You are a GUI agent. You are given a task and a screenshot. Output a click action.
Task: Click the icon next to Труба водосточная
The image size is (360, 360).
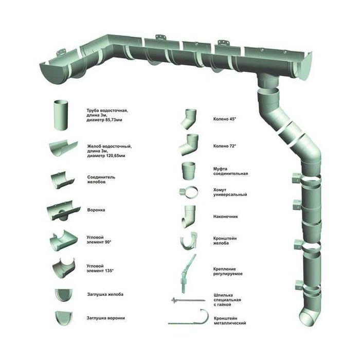61,115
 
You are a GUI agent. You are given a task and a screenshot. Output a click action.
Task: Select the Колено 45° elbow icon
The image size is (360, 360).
189,119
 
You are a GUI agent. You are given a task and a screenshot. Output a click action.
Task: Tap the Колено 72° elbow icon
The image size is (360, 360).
189,145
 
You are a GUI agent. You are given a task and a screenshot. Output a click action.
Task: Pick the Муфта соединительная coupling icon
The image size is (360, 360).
189,171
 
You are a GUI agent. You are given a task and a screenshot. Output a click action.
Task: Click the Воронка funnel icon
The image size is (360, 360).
64,210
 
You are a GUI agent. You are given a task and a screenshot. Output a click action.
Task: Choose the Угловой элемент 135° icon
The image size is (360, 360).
64,268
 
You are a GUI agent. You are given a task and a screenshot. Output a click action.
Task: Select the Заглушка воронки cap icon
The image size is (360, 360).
64,318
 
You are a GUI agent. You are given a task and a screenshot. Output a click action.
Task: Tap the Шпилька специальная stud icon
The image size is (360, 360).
188,300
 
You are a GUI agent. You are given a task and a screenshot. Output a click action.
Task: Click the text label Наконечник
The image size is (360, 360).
225,217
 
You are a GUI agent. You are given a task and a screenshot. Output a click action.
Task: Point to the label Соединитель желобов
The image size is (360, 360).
101,179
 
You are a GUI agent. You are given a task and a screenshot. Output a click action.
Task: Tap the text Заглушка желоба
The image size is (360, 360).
105,294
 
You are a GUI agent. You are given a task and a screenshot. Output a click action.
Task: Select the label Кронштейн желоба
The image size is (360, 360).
225,241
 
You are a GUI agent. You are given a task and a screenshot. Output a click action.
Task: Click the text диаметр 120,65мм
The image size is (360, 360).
106,156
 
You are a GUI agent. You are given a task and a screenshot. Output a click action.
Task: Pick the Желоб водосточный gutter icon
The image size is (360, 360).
63,148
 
